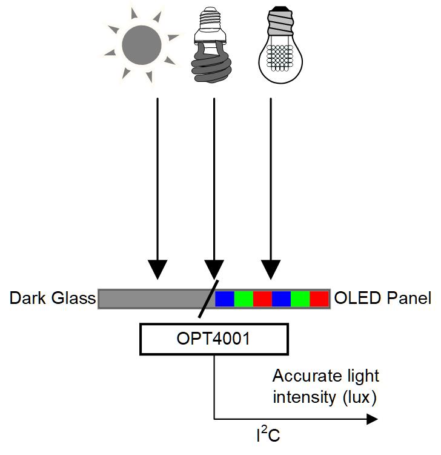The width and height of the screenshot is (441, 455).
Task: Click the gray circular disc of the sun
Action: pyautogui.click(x=141, y=45)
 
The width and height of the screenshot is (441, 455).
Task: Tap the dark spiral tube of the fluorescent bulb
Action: pyautogui.click(x=211, y=66)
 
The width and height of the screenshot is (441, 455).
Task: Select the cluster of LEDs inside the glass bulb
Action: pyautogui.click(x=280, y=58)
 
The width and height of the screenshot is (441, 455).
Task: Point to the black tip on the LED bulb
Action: pyautogui.click(x=280, y=8)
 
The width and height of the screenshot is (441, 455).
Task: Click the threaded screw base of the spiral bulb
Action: pyautogui.click(x=210, y=18)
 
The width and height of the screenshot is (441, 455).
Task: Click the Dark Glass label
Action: pyautogui.click(x=53, y=298)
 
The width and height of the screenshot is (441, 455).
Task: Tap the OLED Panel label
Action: pyautogui.click(x=383, y=298)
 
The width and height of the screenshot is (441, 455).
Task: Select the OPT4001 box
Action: pyautogui.click(x=214, y=339)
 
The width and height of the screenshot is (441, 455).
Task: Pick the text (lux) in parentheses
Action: pyautogui.click(x=359, y=397)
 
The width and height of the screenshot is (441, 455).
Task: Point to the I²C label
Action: pyautogui.click(x=268, y=434)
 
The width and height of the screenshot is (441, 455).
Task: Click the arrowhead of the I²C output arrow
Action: pyautogui.click(x=373, y=419)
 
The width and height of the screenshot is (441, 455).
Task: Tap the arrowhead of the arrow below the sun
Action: pyautogui.click(x=157, y=269)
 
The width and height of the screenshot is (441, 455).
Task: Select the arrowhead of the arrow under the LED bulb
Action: pyautogui.click(x=271, y=269)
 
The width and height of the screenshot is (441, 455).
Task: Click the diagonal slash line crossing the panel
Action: pyautogui.click(x=208, y=298)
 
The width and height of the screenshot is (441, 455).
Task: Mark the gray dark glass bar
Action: pyautogui.click(x=154, y=299)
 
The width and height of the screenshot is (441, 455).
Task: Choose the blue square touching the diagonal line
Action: pyautogui.click(x=225, y=299)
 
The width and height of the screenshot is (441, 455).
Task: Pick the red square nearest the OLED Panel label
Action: pyautogui.click(x=319, y=299)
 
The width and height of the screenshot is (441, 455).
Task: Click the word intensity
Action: pyautogui.click(x=304, y=397)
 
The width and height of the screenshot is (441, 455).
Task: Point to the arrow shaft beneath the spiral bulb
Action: pyautogui.click(x=214, y=180)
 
